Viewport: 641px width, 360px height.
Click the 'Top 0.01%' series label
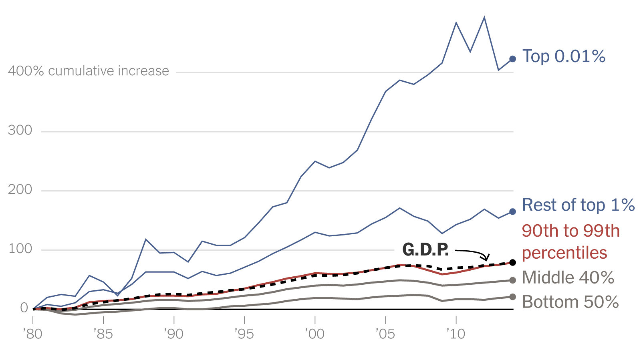(564, 56)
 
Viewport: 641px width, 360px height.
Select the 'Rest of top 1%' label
(578, 205)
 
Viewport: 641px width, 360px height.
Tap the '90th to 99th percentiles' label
(570, 242)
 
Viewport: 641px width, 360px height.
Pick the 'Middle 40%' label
(568, 278)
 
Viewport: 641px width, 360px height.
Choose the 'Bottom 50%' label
(570, 302)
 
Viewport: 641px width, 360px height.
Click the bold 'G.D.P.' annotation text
(425, 249)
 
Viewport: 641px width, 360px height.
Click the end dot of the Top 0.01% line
(512, 59)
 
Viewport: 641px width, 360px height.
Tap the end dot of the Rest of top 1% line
(512, 211)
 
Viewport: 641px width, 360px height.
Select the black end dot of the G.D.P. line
(512, 262)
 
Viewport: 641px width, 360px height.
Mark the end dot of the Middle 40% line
(512, 280)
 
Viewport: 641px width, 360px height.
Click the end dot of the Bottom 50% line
(512, 297)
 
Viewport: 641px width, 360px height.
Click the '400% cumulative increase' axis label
(89, 71)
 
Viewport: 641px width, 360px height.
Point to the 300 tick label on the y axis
(20, 130)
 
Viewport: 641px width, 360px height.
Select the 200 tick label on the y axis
(20, 189)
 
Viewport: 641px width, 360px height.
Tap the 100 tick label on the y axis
(20, 249)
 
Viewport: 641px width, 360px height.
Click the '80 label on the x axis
(32, 334)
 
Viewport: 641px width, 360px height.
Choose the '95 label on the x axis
(244, 334)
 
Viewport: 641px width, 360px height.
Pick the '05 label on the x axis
(385, 334)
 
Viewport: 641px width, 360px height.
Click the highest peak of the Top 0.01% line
(484, 17)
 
